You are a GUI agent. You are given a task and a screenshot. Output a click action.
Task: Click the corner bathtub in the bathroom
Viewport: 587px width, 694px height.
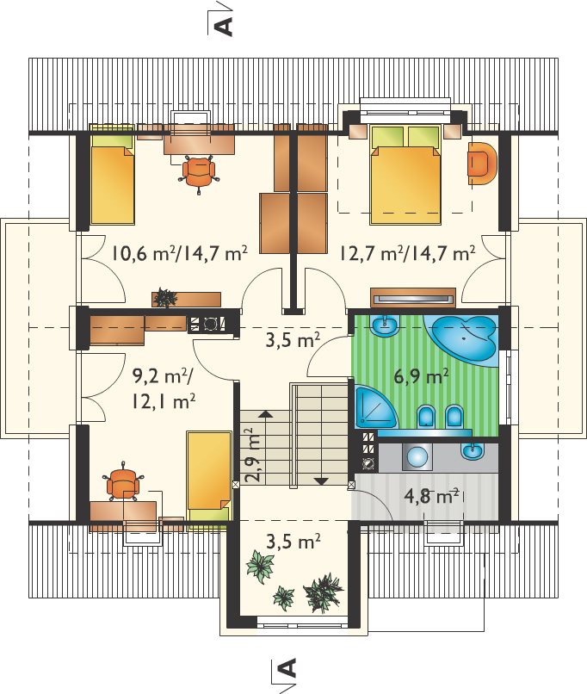(462, 338)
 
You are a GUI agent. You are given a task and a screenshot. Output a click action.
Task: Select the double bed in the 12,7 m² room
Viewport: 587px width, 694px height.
(405, 175)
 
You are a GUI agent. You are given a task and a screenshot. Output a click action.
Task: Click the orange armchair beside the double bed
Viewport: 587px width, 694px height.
(482, 163)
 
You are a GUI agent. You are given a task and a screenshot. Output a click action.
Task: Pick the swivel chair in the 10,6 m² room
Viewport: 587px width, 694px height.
(199, 174)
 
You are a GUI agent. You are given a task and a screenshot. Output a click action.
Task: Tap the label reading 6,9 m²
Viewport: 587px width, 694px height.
(421, 377)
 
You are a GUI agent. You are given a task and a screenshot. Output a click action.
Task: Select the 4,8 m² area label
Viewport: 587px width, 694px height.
(431, 497)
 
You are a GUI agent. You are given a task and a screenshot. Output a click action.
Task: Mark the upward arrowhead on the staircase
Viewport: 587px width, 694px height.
(266, 414)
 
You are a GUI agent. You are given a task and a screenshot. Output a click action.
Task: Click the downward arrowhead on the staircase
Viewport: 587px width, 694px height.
(321, 481)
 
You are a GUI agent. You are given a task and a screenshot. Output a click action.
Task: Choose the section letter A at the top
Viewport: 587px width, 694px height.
(224, 27)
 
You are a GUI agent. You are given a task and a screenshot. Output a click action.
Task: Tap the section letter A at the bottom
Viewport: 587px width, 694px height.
(287, 668)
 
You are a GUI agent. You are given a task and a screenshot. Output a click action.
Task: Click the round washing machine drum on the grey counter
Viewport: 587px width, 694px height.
(417, 455)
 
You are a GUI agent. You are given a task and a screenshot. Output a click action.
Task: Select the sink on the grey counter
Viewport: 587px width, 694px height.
(473, 451)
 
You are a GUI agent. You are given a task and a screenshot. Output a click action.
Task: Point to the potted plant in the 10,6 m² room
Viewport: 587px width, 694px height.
(165, 297)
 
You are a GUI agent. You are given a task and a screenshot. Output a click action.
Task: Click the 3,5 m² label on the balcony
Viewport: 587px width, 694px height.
(293, 541)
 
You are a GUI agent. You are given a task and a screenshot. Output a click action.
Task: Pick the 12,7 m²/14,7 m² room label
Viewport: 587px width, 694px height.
(407, 254)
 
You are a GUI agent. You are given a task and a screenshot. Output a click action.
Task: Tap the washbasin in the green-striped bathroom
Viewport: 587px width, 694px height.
(385, 325)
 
